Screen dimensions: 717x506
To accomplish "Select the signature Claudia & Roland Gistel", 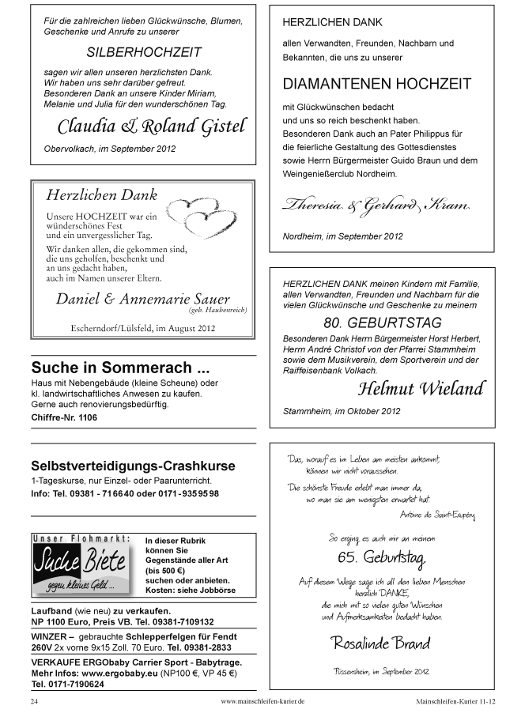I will [x=152, y=126].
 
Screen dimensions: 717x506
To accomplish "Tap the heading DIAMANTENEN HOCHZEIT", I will [x=376, y=84].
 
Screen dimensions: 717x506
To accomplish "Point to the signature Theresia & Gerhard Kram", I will [x=376, y=206].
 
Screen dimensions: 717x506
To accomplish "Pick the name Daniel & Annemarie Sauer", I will [x=143, y=299].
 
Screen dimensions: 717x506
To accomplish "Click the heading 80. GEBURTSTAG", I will [x=383, y=323].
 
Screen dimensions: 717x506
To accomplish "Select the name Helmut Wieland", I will [x=421, y=388].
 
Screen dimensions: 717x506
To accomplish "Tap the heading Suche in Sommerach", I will [x=121, y=368].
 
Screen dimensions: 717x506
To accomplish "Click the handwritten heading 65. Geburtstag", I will [x=381, y=560].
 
